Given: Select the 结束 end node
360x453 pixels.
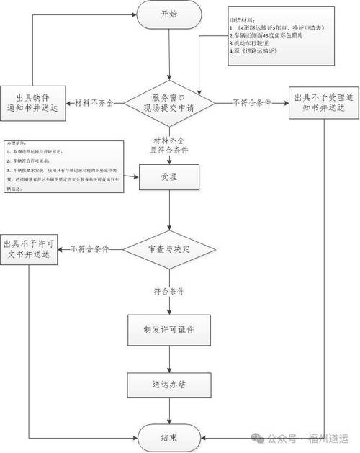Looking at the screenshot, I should (168, 436).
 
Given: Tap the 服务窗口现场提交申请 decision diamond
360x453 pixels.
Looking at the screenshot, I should (168, 102).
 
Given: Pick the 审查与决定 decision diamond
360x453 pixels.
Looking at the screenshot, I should (168, 248).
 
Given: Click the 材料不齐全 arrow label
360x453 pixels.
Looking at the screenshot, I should (94, 103).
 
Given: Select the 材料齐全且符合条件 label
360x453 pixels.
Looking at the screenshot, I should (168, 145).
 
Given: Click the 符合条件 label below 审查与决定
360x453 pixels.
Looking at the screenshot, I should (168, 292).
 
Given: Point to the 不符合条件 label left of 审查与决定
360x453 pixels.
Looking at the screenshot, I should (89, 249).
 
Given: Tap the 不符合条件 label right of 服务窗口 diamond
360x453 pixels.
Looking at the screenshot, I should (251, 103).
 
